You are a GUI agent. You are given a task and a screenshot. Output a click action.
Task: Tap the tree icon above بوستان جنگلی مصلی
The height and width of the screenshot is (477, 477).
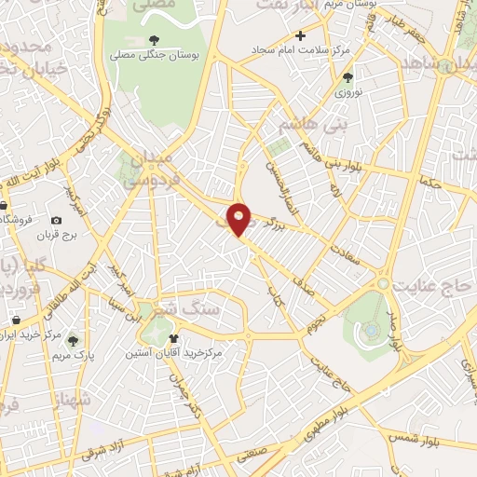click(x=154, y=39)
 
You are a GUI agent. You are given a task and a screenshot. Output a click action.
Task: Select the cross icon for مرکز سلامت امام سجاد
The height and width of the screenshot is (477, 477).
click(x=299, y=35)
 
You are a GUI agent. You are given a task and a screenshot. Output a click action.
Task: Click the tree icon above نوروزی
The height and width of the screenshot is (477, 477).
click(x=348, y=78)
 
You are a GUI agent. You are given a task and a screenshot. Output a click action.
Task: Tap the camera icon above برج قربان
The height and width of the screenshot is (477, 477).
click(x=57, y=220)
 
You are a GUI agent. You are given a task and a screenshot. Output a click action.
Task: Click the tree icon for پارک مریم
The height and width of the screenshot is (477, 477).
click(x=74, y=340)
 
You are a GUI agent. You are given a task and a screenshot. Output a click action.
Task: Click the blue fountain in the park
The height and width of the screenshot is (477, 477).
click(x=372, y=329)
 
